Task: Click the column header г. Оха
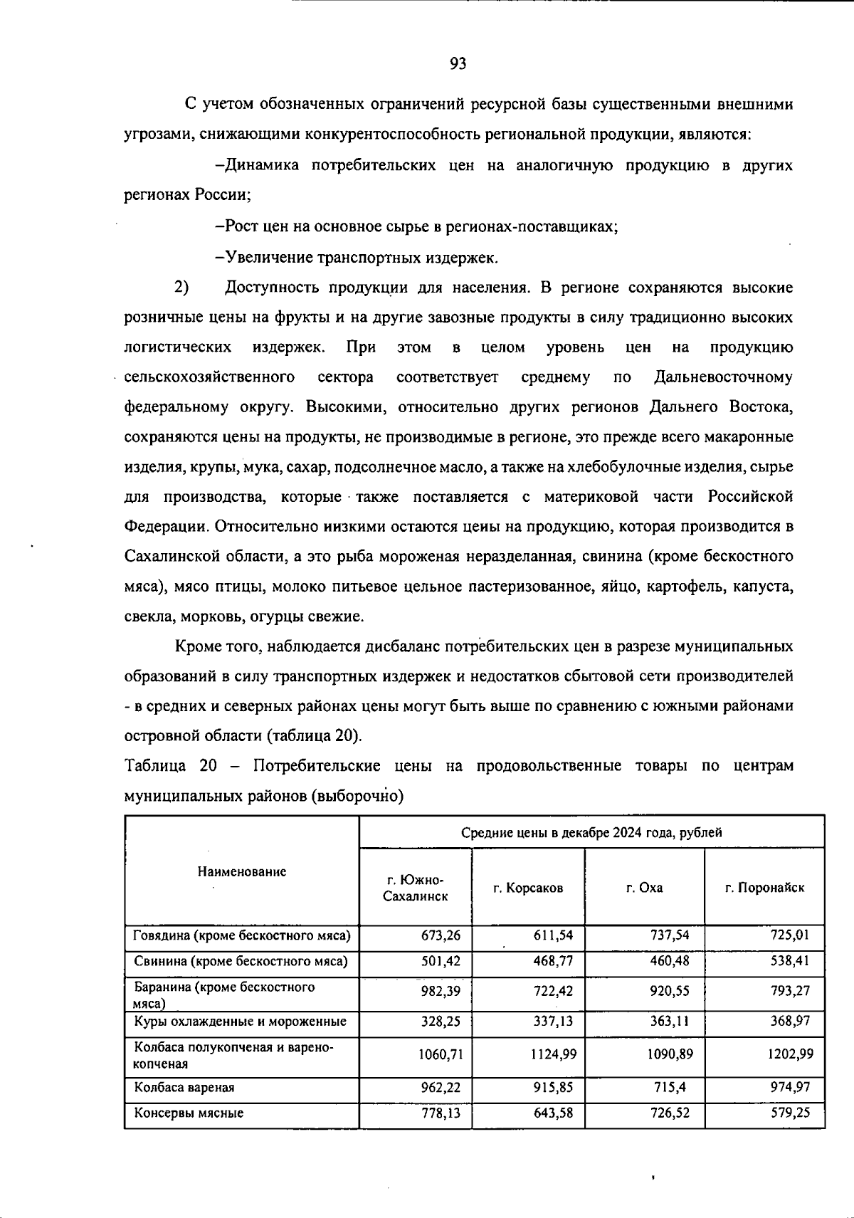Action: coord(644,888)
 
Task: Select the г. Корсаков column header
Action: coord(528,888)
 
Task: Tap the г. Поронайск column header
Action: coord(764,888)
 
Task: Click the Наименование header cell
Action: coord(242,871)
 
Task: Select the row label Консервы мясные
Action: coord(189,1113)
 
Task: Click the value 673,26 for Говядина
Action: coord(441,935)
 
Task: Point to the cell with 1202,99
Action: coord(790,1054)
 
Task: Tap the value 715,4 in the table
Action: coord(673,1087)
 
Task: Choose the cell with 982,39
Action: coord(441,990)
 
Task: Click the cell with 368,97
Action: coord(791,1021)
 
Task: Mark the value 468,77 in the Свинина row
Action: coord(554,961)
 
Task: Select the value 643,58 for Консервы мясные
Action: coord(554,1113)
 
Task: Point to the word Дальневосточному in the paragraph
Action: coord(723,377)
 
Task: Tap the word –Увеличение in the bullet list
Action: coord(263,257)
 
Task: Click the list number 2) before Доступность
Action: coord(181,288)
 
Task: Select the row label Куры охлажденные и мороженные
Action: coord(241,1021)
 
